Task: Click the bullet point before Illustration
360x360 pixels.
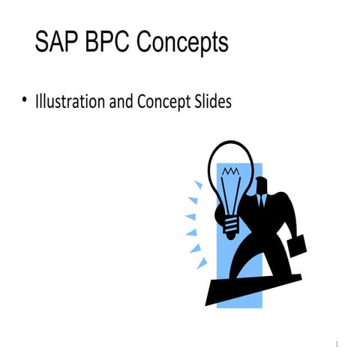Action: click(24, 100)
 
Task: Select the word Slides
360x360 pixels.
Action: click(211, 101)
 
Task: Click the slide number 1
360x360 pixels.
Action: click(338, 343)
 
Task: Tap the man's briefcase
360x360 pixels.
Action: click(293, 244)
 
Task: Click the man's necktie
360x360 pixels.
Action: click(262, 202)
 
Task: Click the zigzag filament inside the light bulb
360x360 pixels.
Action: click(232, 174)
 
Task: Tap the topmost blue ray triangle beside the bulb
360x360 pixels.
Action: click(198, 184)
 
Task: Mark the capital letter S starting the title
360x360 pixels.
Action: click(42, 43)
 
